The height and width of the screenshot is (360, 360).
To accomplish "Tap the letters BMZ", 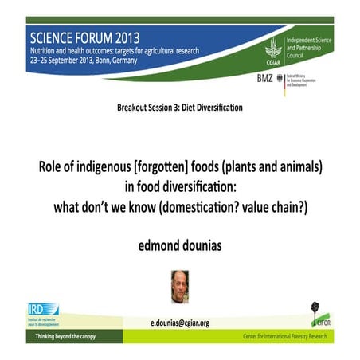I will coord(266,78).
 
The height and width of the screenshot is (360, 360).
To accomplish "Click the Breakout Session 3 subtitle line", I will coord(178,107).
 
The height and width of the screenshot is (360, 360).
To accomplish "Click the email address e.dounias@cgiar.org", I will coord(180,323).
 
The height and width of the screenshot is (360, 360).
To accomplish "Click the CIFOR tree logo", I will coord(315,313).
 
